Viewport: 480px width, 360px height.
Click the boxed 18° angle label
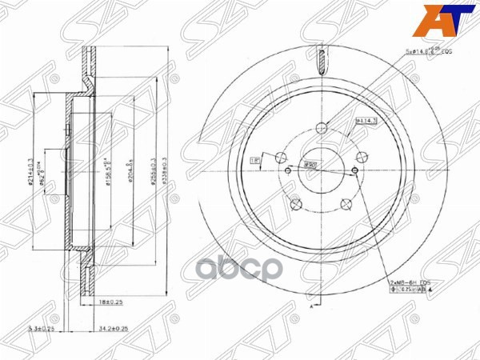point(256,159)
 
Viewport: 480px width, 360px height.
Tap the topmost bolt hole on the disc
point(322,127)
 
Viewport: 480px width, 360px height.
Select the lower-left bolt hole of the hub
point(295,204)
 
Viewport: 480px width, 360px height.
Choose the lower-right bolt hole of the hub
point(346,204)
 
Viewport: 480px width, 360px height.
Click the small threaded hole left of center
point(287,170)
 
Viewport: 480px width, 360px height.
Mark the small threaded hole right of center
point(354,170)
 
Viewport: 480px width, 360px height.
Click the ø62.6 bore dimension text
point(45,171)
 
